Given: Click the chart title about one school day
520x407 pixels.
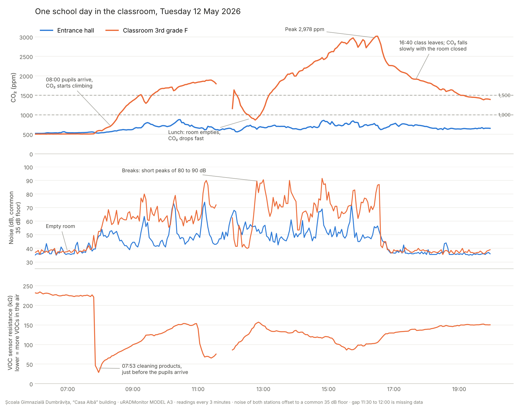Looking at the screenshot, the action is (138, 12).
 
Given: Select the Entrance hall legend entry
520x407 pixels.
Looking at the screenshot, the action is (67, 31).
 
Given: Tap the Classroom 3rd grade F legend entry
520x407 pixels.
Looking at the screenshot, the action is (147, 31).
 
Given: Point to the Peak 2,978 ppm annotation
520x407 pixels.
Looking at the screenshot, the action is (304, 29).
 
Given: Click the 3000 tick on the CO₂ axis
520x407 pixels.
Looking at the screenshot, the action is (26, 38).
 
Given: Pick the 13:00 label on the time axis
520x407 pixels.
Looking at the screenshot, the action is (263, 389).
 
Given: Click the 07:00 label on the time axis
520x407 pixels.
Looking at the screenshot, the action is (68, 389).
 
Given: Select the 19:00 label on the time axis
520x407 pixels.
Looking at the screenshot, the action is (459, 389).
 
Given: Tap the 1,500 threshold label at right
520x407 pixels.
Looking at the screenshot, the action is (504, 96).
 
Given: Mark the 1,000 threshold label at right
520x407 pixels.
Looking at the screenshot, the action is (504, 115).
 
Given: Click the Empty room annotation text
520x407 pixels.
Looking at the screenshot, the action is (60, 226).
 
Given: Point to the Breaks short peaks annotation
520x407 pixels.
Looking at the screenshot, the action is (164, 171).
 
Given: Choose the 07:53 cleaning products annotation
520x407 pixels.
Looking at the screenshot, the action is (155, 369).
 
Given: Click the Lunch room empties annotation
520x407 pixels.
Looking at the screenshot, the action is (194, 135).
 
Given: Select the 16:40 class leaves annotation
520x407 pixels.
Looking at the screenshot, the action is (433, 46).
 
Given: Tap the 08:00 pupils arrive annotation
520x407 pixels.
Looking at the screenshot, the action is (69, 83).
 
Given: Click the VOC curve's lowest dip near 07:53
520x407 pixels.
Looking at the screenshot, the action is (99, 372).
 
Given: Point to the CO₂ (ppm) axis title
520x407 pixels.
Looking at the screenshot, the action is (14, 87).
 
